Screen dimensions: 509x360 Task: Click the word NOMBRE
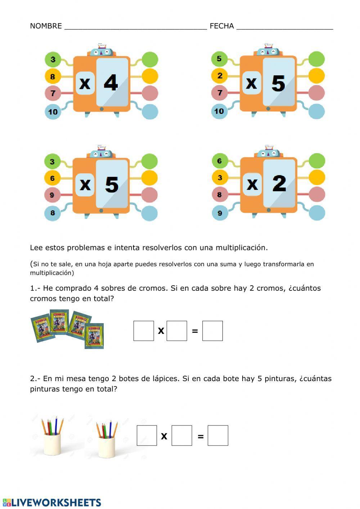[46, 26]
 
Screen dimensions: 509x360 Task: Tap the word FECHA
[222, 26]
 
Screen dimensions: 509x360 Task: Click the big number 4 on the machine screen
[111, 83]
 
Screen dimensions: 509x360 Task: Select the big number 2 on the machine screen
[279, 183]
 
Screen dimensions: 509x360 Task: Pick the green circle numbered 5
[219, 59]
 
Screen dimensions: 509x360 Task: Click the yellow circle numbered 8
[53, 76]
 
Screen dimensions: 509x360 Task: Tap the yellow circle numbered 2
[220, 76]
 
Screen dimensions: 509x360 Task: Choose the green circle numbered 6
[219, 161]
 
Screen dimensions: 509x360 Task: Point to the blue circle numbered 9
[220, 213]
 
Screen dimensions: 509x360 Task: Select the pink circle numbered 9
[52, 195]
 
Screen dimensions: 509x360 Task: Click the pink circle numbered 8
[219, 195]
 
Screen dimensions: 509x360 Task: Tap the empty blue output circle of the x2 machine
[317, 213]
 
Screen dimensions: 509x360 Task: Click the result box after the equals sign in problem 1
[212, 331]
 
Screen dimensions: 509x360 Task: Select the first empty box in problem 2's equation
[147, 436]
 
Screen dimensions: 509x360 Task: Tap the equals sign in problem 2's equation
[201, 437]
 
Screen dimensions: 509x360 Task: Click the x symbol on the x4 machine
[85, 84]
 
